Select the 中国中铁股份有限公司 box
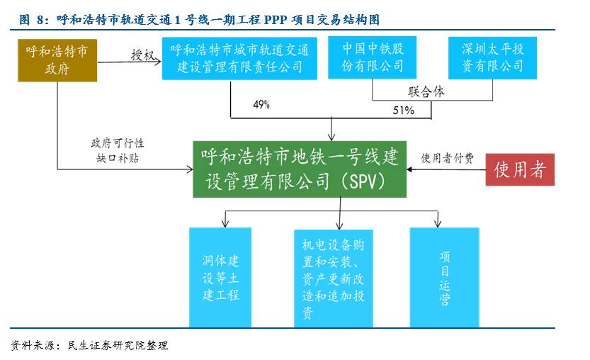(373, 57)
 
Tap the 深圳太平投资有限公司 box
(492, 57)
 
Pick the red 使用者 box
(520, 169)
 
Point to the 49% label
(261, 105)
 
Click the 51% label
(403, 111)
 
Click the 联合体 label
(426, 91)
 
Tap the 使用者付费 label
(448, 157)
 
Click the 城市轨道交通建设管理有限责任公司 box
(239, 59)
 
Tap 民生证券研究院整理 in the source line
(118, 345)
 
